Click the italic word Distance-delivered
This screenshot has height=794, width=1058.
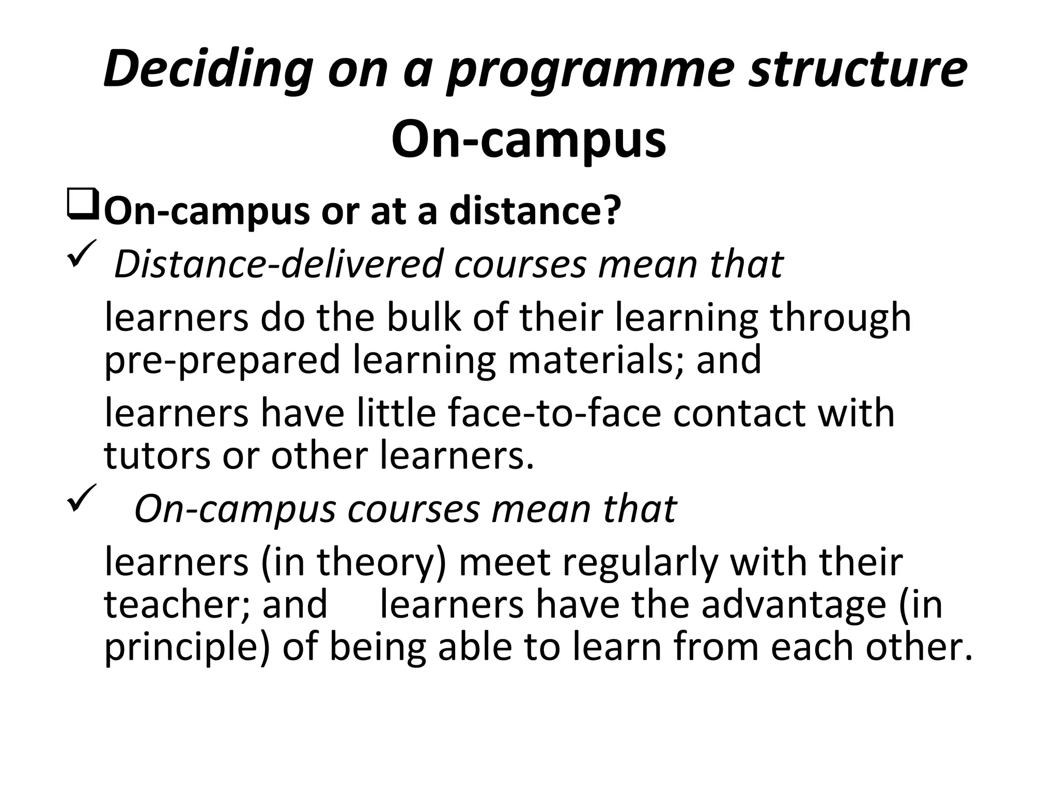(278, 264)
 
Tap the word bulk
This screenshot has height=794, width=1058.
(424, 317)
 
